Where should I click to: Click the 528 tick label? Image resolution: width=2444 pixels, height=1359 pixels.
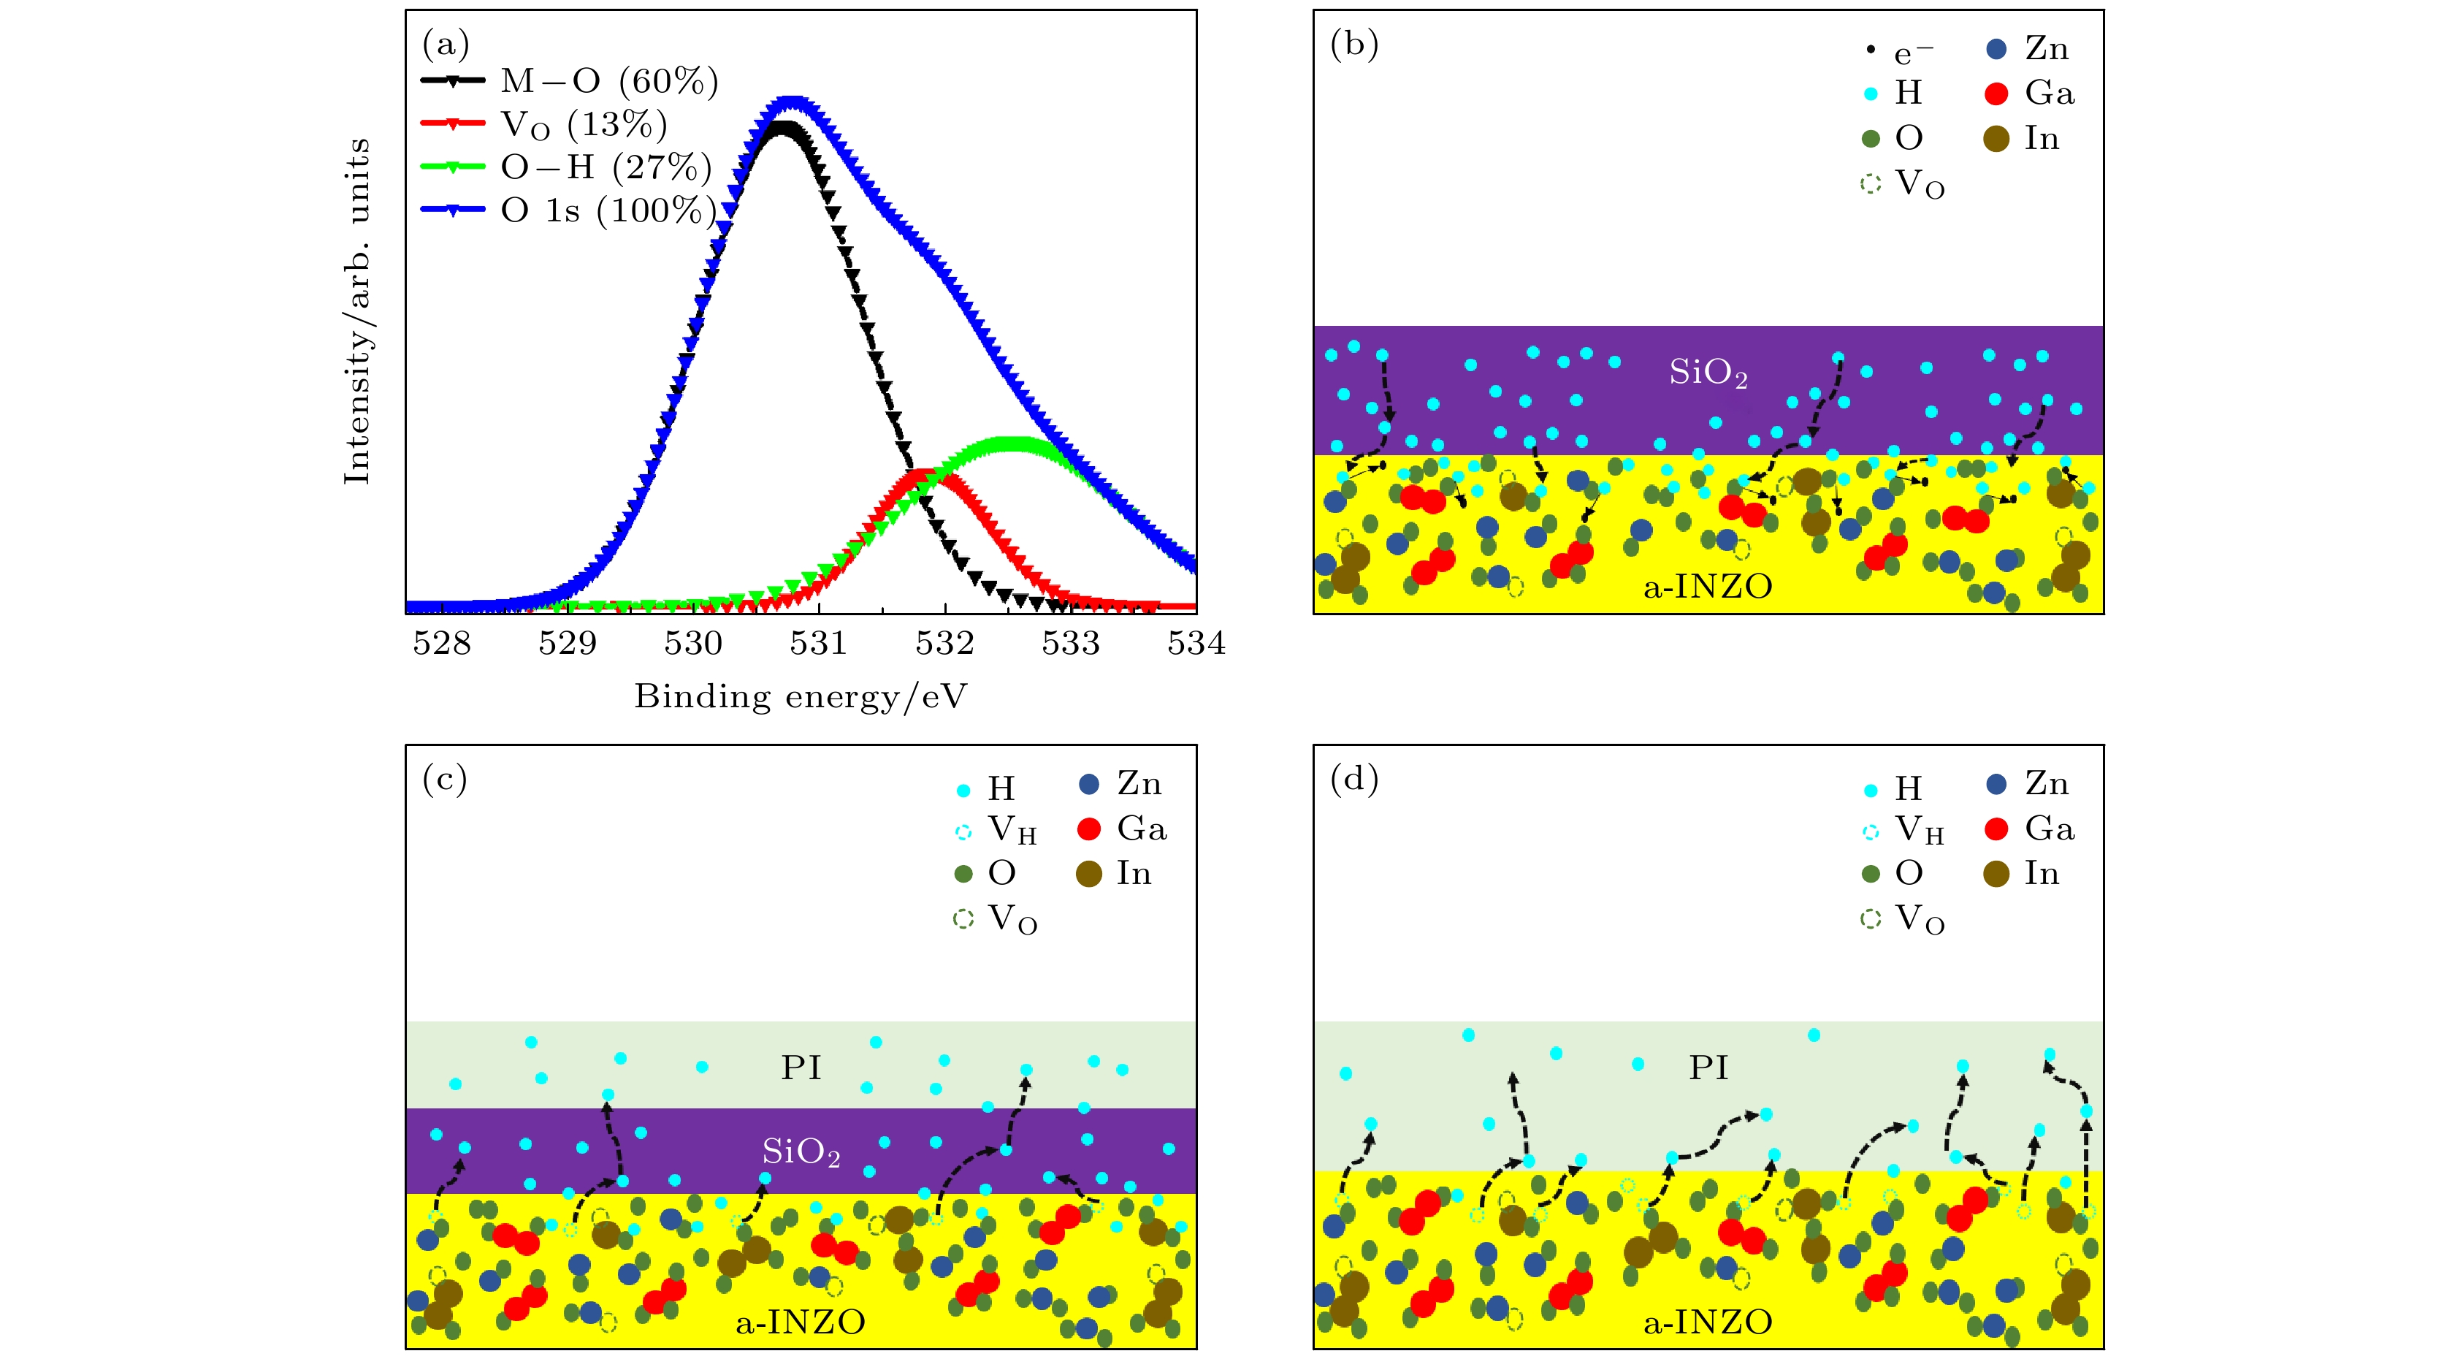point(441,644)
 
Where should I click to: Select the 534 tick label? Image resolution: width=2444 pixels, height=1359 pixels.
point(1196,644)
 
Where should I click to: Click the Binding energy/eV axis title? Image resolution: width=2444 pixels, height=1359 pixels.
point(800,696)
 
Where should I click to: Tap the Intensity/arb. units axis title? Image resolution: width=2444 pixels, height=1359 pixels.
point(356,311)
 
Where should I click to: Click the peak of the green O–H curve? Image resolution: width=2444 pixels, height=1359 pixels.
point(1015,442)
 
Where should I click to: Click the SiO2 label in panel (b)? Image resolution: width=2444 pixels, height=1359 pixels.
point(1708,373)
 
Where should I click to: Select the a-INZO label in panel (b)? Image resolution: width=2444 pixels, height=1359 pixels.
point(1708,587)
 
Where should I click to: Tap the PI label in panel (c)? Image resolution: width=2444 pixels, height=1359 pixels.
point(801,1067)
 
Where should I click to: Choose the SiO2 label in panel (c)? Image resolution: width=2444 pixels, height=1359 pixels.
point(801,1152)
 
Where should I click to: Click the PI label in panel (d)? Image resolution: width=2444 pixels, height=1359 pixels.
point(1708,1067)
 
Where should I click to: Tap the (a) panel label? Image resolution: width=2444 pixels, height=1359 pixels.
point(445,44)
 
